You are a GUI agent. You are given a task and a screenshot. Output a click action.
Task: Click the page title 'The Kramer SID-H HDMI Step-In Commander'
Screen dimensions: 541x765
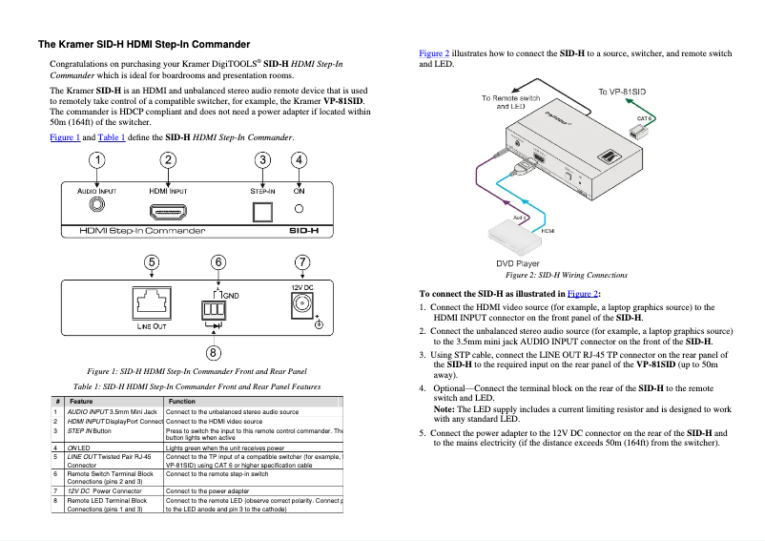pos(144,44)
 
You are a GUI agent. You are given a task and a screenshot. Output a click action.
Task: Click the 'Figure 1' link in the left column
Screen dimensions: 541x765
pos(65,137)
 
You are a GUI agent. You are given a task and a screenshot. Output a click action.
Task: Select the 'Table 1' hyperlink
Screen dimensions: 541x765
pos(111,137)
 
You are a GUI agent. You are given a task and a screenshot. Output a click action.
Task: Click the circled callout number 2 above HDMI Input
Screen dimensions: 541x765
pos(169,160)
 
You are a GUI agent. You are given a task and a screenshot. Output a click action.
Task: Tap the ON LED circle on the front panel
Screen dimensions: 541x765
pos(299,209)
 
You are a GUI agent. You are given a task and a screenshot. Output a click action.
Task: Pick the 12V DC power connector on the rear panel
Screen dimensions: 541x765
pos(301,305)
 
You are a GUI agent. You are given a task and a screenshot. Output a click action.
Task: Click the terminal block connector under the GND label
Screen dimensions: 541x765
pos(210,310)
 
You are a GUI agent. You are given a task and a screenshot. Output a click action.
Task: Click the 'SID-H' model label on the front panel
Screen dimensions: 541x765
pos(303,231)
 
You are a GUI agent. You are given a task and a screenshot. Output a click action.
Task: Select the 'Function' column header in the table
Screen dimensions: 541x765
pos(182,402)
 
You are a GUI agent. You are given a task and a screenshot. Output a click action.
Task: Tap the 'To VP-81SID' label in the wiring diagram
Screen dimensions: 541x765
pos(622,92)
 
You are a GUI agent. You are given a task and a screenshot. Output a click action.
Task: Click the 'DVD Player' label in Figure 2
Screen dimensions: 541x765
pos(517,263)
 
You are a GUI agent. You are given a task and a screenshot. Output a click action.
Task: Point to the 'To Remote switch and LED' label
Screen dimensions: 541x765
pos(511,102)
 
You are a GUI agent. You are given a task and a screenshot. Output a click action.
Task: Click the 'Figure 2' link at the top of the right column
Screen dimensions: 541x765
pos(434,54)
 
